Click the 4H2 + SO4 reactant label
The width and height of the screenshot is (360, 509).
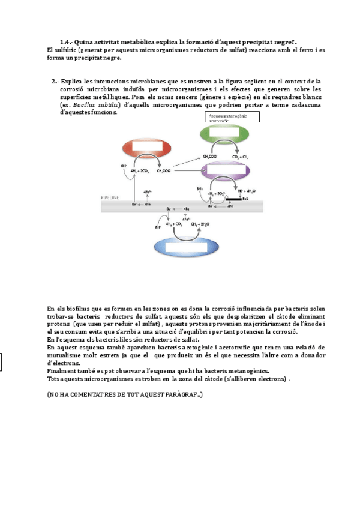[x=216, y=193]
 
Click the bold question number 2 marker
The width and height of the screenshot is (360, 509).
[x=55, y=81]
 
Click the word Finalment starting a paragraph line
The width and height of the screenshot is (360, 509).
[x=61, y=371]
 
